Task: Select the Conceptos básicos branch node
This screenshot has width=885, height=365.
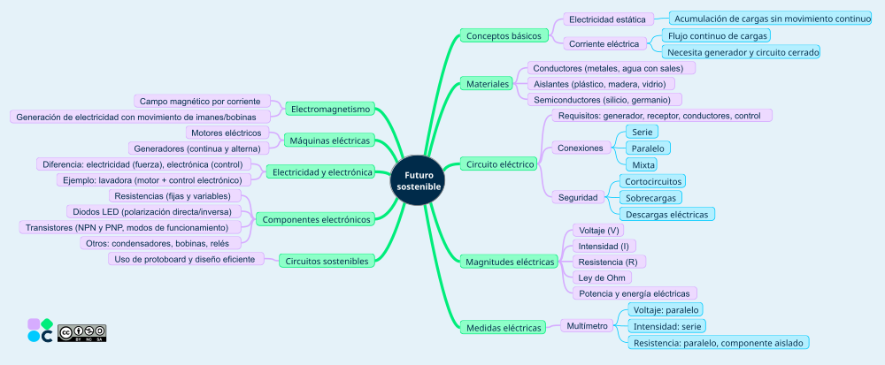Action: pos(502,36)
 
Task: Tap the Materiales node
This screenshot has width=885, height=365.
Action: pos(488,84)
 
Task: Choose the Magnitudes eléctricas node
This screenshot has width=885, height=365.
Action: pos(509,262)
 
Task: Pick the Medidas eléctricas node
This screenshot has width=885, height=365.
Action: pos(503,328)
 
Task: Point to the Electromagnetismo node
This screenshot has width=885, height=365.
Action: pos(330,109)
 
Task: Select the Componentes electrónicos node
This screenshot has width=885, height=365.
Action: pos(318,219)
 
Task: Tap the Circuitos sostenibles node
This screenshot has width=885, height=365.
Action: pos(325,261)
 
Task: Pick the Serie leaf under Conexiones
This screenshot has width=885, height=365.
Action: pos(642,132)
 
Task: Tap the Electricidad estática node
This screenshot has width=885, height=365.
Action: pos(608,19)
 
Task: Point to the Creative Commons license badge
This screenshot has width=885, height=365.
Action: pos(81,332)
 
